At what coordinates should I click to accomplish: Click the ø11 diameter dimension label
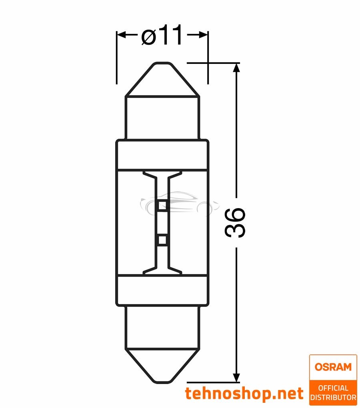click(162, 36)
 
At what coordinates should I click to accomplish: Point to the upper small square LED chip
click(162, 206)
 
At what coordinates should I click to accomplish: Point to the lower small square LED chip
click(162, 240)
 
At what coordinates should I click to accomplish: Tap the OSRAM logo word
click(333, 367)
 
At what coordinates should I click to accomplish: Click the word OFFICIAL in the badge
click(333, 388)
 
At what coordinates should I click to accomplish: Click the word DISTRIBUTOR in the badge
click(333, 397)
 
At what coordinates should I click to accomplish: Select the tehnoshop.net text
click(244, 393)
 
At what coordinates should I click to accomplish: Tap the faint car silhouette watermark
click(180, 204)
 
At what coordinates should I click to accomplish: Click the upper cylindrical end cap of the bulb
click(162, 118)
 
